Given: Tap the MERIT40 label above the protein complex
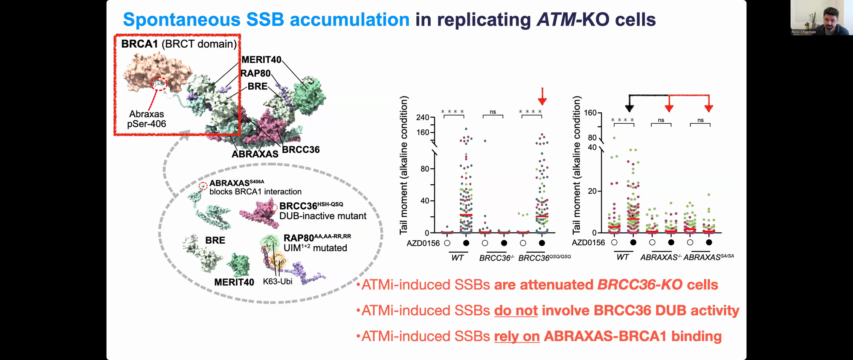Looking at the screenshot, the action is coord(261,60).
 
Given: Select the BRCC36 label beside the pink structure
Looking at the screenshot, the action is coord(301,150).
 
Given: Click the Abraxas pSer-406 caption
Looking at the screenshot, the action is coord(147,119).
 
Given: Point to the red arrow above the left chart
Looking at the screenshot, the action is coord(542,96).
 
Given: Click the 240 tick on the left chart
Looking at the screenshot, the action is coord(423,117).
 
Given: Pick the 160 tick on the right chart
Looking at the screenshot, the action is coord(590,113).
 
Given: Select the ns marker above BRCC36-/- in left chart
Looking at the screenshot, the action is coord(493,112).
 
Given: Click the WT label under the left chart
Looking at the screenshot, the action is coord(457,258).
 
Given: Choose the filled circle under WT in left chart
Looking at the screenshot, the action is coord(466,243).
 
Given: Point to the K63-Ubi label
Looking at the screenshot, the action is coord(278,281).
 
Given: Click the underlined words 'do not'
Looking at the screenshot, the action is coord(516,311).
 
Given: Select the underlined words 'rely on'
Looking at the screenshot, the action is coord(517,337).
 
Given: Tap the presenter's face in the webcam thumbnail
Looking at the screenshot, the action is coord(830,18).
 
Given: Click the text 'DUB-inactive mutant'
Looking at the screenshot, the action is coord(323,216).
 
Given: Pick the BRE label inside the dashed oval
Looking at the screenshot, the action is coord(215,240).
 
